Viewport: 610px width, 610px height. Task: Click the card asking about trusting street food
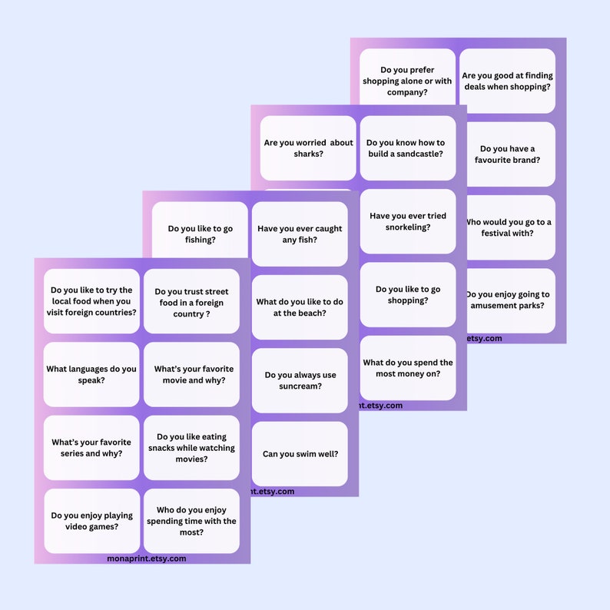[x=191, y=302]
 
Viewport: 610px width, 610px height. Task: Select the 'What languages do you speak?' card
[x=91, y=374]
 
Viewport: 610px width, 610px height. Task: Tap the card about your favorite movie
[x=191, y=374]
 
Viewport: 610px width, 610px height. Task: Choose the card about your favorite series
[x=91, y=447]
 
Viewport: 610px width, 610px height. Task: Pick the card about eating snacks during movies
[x=191, y=448]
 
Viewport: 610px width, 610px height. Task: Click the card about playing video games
[x=91, y=521]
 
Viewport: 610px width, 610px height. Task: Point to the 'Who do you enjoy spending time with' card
[x=191, y=521]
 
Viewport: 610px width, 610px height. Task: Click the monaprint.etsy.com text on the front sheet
[x=147, y=559]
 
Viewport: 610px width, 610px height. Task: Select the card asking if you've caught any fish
[x=300, y=234]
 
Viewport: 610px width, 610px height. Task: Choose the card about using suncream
[x=300, y=380]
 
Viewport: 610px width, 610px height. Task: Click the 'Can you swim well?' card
[x=300, y=453]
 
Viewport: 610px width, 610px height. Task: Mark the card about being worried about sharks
[x=308, y=148]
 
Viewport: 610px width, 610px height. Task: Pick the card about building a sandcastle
[x=407, y=148]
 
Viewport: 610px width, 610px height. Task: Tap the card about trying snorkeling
[x=407, y=221]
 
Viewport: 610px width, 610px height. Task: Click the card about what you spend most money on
[x=407, y=368]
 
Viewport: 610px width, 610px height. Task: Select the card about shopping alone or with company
[x=407, y=81]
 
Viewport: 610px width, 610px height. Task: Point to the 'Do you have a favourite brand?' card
[x=507, y=154]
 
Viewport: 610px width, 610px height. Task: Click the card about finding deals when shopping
[x=507, y=81]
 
